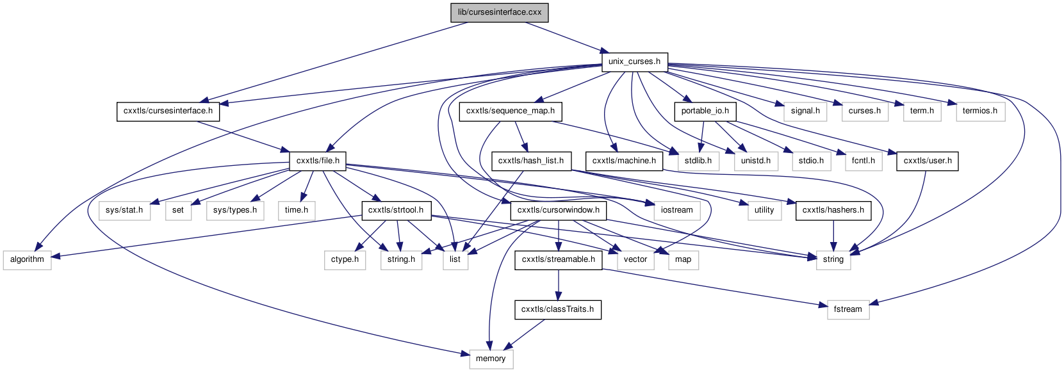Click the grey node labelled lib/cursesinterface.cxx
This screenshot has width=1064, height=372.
pyautogui.click(x=500, y=13)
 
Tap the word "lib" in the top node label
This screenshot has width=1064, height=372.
pyautogui.click(x=462, y=13)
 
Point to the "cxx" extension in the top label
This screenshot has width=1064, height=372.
pyautogui.click(x=535, y=13)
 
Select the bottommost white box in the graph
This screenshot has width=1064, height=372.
pyautogui.click(x=491, y=359)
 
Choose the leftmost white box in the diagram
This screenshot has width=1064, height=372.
pyautogui.click(x=27, y=260)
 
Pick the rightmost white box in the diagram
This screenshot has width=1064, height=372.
pyautogui.click(x=980, y=111)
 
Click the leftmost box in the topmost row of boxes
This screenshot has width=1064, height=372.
pyautogui.click(x=805, y=111)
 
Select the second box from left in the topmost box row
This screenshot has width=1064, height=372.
pyautogui.click(x=865, y=111)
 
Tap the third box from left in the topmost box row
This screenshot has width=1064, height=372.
pyautogui.click(x=922, y=111)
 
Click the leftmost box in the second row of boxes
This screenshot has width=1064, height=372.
pyautogui.click(x=698, y=161)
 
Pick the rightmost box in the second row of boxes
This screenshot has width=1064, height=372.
pyautogui.click(x=863, y=161)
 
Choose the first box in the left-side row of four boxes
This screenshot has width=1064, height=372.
pyautogui.click(x=125, y=211)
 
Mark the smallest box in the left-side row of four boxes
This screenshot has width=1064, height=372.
pyautogui.click(x=179, y=211)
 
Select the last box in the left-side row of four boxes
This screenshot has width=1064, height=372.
pyautogui.click(x=297, y=211)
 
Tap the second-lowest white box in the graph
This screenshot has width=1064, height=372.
pyautogui.click(x=848, y=310)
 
